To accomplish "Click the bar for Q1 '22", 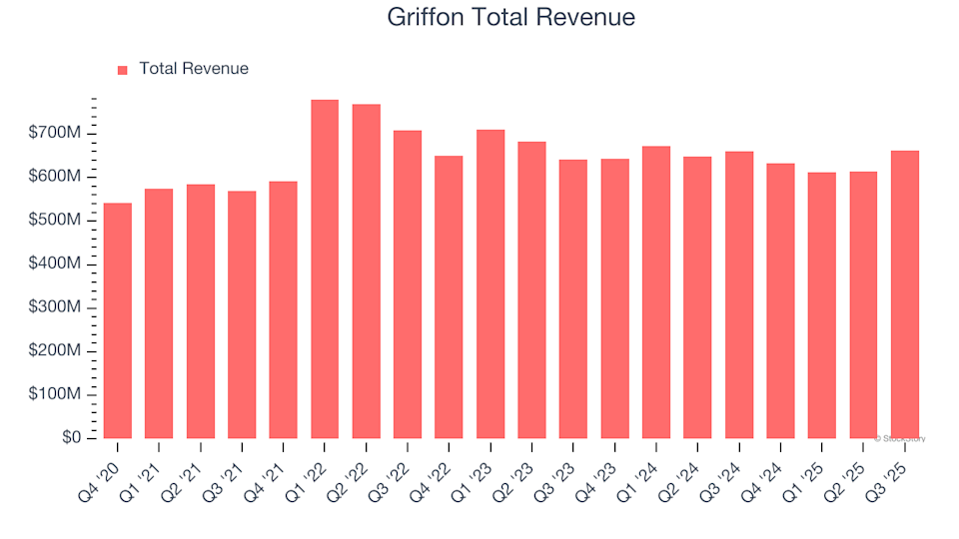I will click(x=325, y=269).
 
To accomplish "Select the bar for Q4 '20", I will click(x=117, y=320).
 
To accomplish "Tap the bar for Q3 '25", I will click(x=905, y=294).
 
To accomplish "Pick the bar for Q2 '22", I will click(x=366, y=271).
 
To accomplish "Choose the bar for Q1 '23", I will click(x=490, y=284).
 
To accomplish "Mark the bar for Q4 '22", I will click(x=449, y=297).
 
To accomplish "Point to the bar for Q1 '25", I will click(x=822, y=305).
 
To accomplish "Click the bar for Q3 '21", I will click(x=242, y=314).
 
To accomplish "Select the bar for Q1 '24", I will click(x=656, y=292).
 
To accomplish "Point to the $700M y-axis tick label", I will click(x=56, y=133).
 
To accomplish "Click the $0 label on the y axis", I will click(x=71, y=438).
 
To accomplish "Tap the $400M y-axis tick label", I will click(x=56, y=264).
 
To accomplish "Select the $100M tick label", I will click(x=56, y=394).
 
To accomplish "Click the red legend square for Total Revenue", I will click(x=123, y=70).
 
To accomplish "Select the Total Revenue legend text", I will click(x=194, y=69).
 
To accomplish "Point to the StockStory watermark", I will click(x=900, y=438).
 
